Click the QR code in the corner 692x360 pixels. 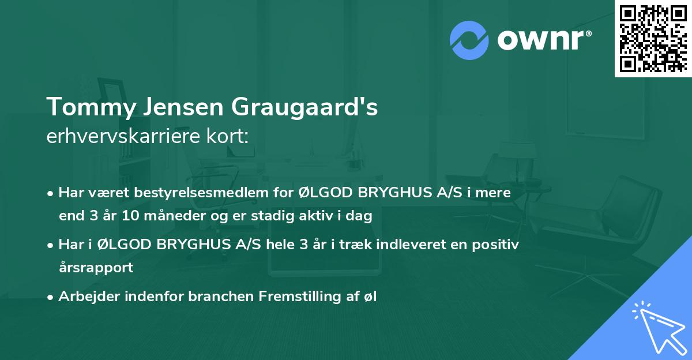coord(652,38)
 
